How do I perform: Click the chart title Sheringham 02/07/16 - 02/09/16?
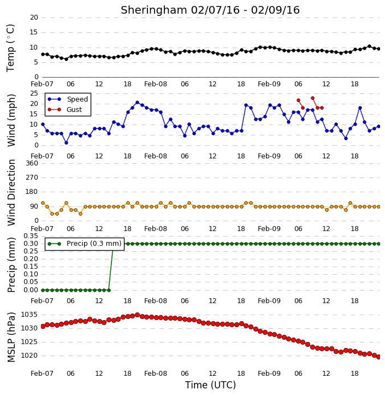pos(210,10)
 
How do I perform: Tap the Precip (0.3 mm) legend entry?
pos(85,244)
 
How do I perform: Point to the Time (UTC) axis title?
pos(210,385)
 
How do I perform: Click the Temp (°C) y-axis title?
pos(10,48)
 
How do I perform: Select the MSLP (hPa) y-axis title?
pos(11,337)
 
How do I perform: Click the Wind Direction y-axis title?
pos(11,192)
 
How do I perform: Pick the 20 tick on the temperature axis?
pos(34,17)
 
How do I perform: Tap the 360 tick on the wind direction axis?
pos(32,163)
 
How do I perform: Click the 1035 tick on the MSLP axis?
pos(29,315)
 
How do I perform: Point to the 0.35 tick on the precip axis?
pos(31,236)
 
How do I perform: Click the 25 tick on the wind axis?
pos(34,93)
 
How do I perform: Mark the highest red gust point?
pos(312,98)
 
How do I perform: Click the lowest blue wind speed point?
pos(66,143)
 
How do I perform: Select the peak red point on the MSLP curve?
pos(137,315)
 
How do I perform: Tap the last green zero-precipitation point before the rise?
pos(109,290)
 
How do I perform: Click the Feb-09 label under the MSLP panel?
pos(269,373)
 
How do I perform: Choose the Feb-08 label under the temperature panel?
pos(156,84)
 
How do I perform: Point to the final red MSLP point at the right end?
pos(378,357)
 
